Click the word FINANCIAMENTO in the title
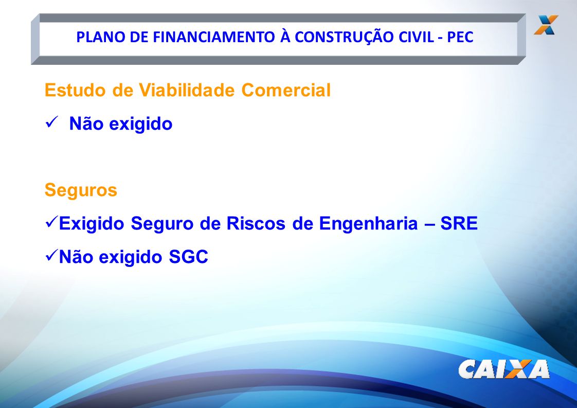coord(214,37)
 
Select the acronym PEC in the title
coord(460,37)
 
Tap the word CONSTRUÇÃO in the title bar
coord(344,37)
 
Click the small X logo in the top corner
coord(547,25)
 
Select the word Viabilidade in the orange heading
coord(187,90)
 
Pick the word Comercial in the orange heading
coord(286,90)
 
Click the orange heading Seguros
coord(81,190)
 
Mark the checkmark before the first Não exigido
coord(51,122)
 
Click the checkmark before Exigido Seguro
coord(51,222)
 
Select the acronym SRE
coord(459,223)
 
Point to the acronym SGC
coord(188,257)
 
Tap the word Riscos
coord(256,223)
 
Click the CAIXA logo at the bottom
coord(504,369)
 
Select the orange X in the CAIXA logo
coord(518,369)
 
